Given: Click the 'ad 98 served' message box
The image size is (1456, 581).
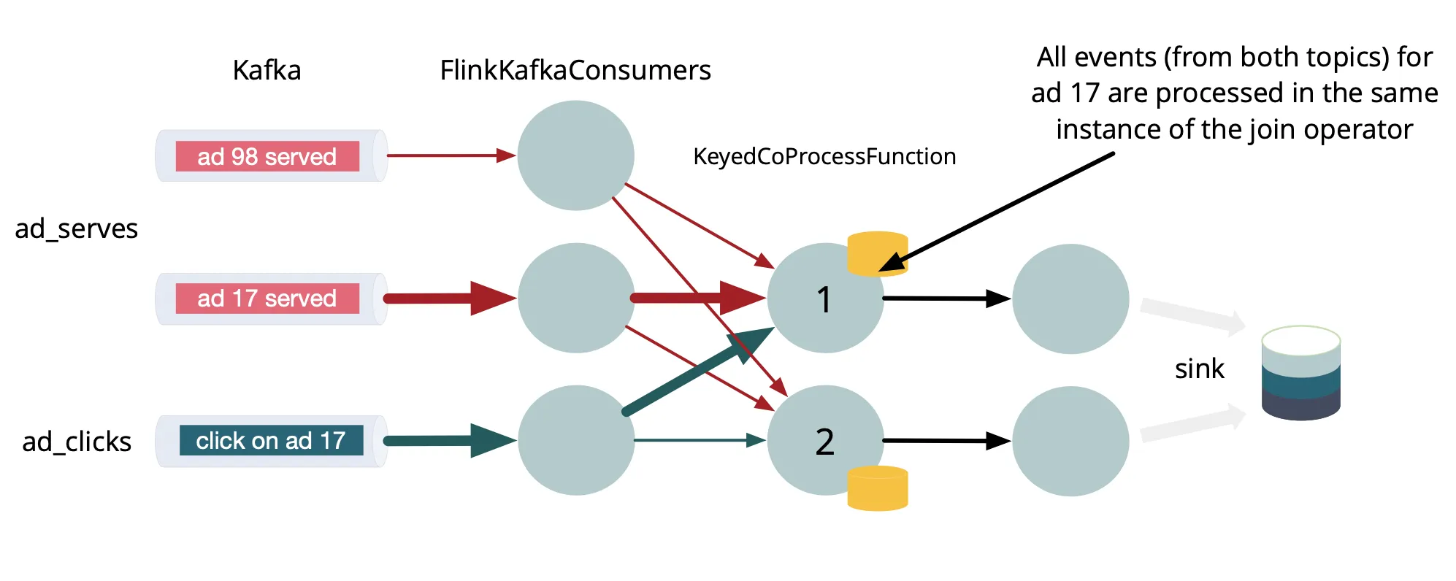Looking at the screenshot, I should (267, 156).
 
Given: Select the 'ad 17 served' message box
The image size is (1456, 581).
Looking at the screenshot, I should (267, 299).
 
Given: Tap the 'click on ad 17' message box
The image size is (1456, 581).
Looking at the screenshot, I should (271, 441).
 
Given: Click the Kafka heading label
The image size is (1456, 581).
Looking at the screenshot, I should (267, 70).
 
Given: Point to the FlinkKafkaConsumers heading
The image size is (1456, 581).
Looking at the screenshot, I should (575, 70).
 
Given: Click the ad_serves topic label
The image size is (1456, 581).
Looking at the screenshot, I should (77, 228).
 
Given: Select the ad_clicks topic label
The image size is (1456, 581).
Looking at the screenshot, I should (77, 442).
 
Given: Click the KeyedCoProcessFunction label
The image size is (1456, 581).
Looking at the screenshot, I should (824, 156).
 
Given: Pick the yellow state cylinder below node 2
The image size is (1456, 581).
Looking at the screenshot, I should (877, 488).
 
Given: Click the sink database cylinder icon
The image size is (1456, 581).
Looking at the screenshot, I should (1300, 373).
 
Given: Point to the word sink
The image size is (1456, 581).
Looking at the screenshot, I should (1199, 369).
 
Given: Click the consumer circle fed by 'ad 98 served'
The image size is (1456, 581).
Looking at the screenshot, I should (575, 155).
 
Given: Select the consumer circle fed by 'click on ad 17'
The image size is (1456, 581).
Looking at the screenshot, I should (575, 440).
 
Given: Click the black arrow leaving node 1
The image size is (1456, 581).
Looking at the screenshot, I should (946, 299).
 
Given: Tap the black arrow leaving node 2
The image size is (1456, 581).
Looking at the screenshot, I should (946, 441).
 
